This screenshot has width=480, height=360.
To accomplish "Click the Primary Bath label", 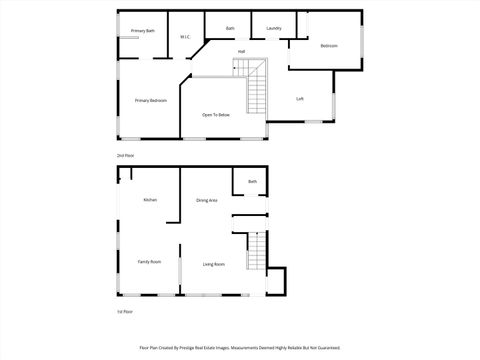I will [143, 31].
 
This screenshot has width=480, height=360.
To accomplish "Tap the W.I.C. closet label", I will [185, 38].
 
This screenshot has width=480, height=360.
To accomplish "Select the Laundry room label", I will [273, 28].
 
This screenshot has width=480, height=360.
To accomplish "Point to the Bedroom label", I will [329, 46].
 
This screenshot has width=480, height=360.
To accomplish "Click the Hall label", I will [241, 52].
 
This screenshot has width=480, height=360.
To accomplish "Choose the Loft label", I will [300, 99].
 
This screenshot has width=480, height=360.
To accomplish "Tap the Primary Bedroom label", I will [151, 101].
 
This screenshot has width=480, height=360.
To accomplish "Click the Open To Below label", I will [216, 115].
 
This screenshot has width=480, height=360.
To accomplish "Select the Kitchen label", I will [150, 200].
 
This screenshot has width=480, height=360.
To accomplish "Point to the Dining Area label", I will [207, 201].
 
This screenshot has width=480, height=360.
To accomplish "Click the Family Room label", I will [149, 261].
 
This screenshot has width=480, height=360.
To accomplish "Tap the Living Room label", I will [214, 264].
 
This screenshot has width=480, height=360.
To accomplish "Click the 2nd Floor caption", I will [125, 156].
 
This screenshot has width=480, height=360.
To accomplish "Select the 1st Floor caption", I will [125, 312].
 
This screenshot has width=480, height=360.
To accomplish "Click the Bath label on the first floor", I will [253, 181].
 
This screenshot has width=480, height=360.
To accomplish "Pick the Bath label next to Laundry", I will [230, 28].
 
